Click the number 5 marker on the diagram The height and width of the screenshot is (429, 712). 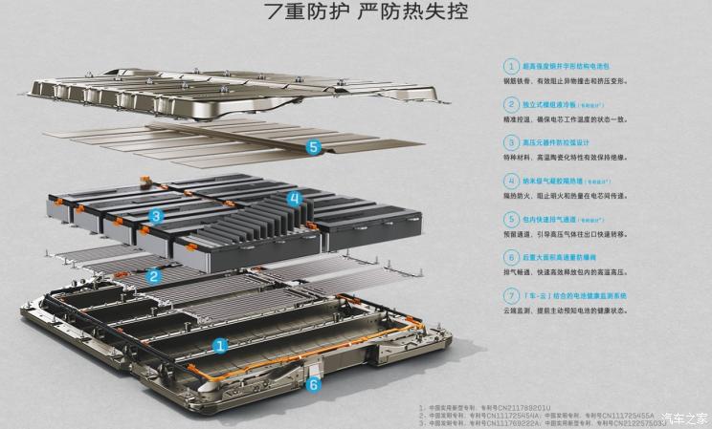click(313, 147)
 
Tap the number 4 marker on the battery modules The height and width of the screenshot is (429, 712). click(295, 200)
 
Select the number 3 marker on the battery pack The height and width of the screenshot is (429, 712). click(156, 217)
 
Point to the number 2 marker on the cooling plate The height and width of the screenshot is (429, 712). click(153, 276)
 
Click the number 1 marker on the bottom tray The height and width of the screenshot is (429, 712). click(220, 345)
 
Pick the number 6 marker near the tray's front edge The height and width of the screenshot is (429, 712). click(312, 385)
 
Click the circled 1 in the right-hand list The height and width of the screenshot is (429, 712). click(511, 67)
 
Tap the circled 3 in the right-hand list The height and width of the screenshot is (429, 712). click(511, 142)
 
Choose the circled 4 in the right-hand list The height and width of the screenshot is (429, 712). click(511, 181)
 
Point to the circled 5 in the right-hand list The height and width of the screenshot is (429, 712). click(511, 219)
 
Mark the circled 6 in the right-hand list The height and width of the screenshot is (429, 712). click(511, 257)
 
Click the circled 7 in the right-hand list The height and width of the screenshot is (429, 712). click(511, 295)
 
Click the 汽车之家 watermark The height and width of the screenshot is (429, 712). click(684, 418)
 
